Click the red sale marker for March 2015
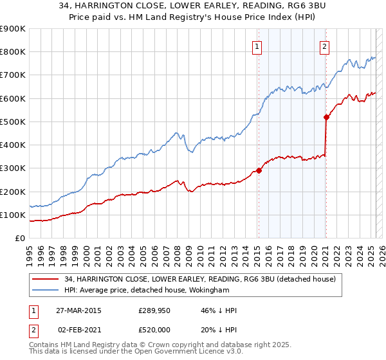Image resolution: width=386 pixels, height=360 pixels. pos(259,170)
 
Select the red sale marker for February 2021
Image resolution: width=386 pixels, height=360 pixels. pos(326,117)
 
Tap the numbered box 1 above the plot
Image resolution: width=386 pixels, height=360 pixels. pos(257,46)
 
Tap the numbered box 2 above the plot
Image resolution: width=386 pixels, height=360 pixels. pos(325,46)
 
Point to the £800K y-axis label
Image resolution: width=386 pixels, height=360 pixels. pos(13,51)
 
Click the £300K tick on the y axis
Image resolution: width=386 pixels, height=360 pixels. pos(13,168)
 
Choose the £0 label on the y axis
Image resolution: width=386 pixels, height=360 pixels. pos(20,238)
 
